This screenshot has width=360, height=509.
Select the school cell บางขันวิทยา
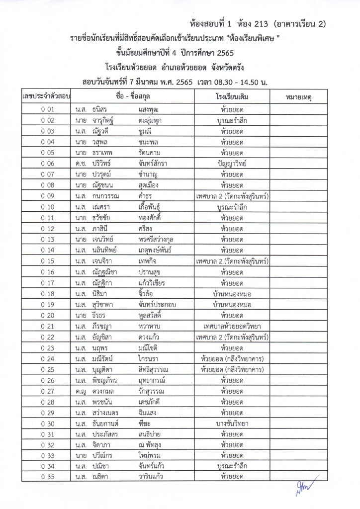tap(232, 423)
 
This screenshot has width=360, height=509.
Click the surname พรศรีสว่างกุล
tap(156, 239)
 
